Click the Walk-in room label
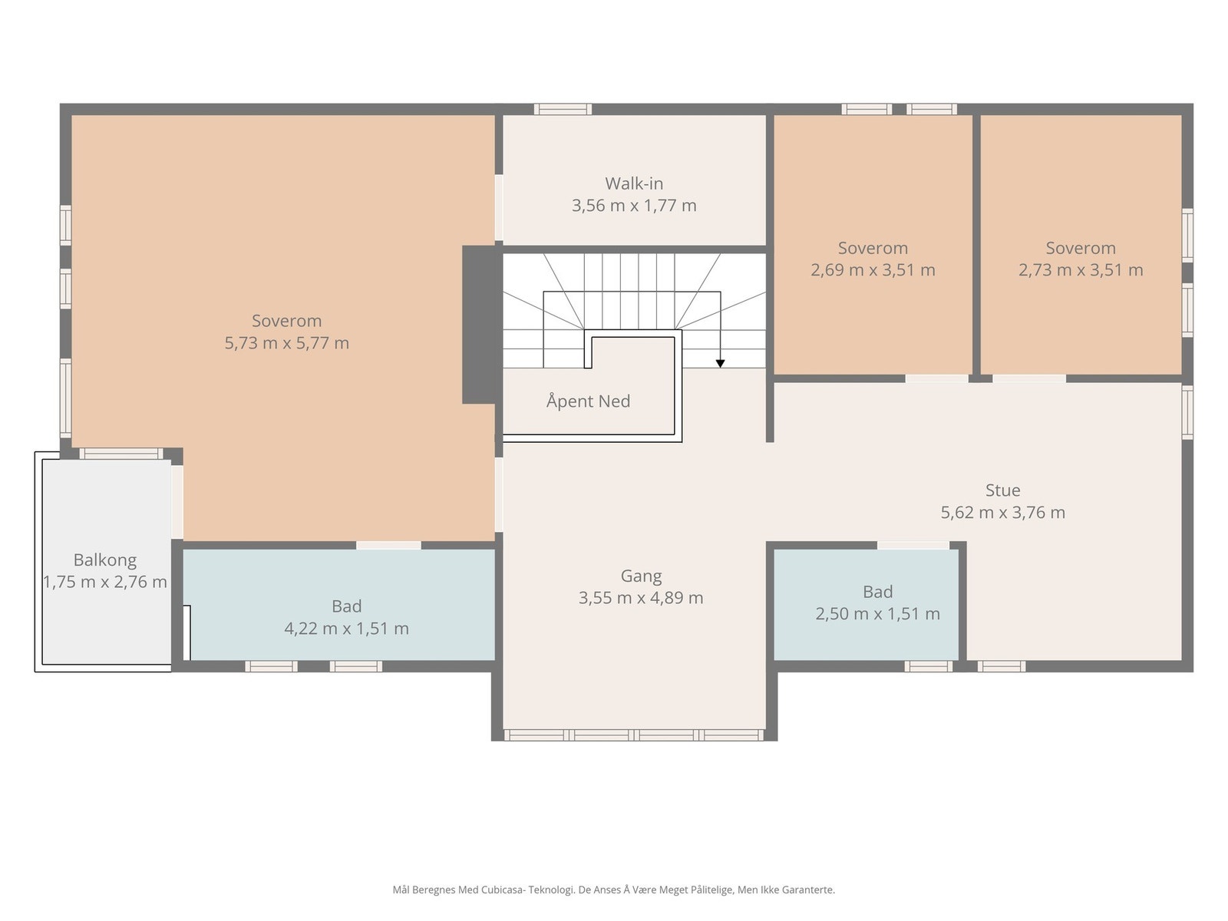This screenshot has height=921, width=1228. tap(634, 183)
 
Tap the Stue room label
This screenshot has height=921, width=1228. tap(1002, 490)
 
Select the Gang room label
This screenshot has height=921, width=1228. tap(641, 576)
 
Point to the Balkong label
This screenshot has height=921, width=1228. tap(105, 560)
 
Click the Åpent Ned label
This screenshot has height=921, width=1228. tap(588, 401)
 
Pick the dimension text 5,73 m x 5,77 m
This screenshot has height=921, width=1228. tap(287, 343)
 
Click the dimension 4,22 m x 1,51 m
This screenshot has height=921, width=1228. tap(346, 629)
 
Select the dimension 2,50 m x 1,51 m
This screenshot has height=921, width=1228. tap(878, 614)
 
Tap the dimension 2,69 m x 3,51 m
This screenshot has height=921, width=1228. tap(873, 270)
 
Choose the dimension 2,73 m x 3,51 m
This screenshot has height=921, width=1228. tap(1081, 270)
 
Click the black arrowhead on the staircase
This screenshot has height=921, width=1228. tap(720, 364)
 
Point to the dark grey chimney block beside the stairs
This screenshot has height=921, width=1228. tap(479, 325)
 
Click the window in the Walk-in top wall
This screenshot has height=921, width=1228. tap(563, 109)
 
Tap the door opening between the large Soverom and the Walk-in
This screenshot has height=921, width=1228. tap(498, 208)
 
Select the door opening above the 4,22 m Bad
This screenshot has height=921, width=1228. tap(389, 545)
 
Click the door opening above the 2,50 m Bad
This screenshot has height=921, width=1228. tap(913, 545)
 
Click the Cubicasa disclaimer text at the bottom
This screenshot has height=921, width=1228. tap(614, 890)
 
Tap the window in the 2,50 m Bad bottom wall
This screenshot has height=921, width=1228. tap(928, 666)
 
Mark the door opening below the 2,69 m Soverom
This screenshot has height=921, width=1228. tap(936, 378)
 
